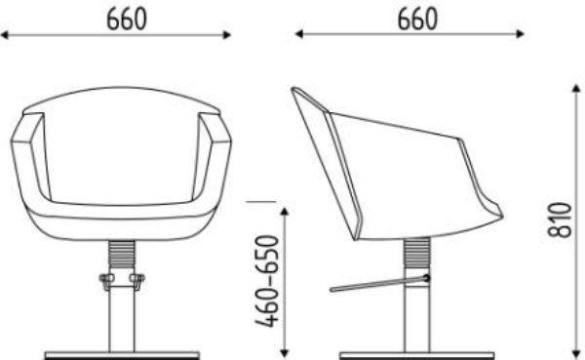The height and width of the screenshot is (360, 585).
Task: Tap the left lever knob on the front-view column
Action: coord(105,283)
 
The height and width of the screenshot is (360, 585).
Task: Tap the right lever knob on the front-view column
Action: coord(138,283)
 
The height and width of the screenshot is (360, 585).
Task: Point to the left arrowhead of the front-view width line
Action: coord(4,34)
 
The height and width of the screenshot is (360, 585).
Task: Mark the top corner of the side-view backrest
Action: coord(295,91)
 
